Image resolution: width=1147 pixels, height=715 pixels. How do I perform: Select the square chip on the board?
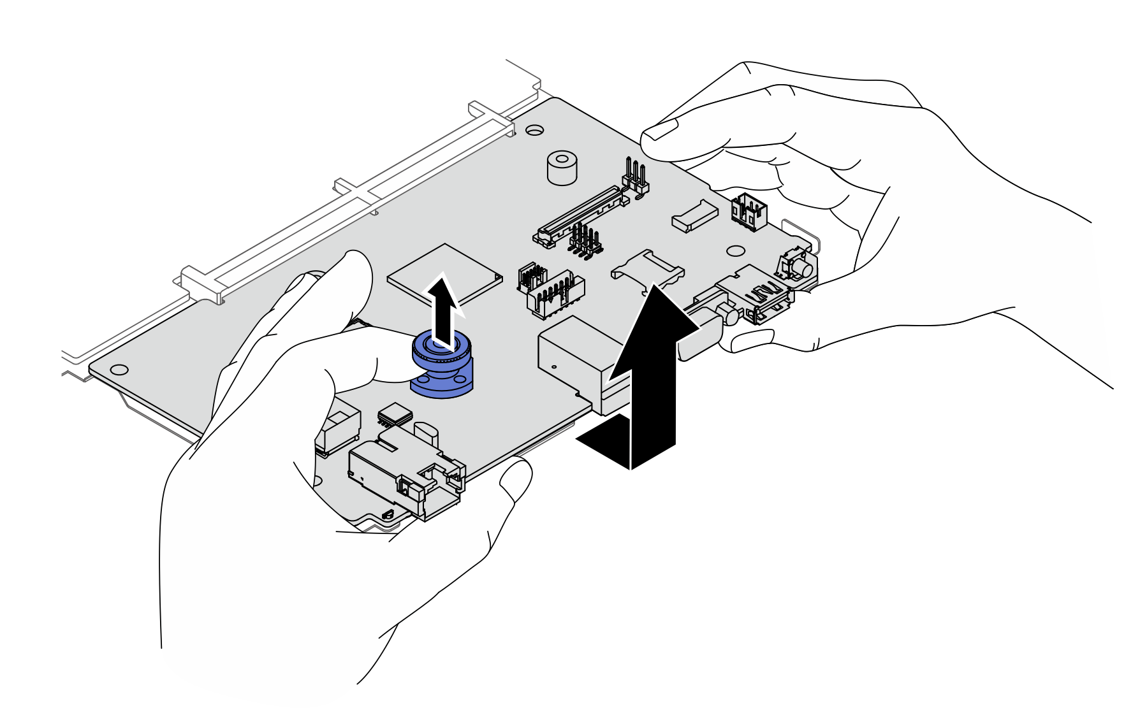tap(444, 273)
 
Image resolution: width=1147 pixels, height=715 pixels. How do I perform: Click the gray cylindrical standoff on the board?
tap(562, 168)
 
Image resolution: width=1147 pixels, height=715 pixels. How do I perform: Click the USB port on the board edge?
tap(759, 296)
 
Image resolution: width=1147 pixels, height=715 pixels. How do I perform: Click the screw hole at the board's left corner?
tap(119, 369)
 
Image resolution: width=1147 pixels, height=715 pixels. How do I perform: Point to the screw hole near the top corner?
tap(534, 130)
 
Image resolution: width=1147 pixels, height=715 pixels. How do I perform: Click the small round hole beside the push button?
tap(736, 252)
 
